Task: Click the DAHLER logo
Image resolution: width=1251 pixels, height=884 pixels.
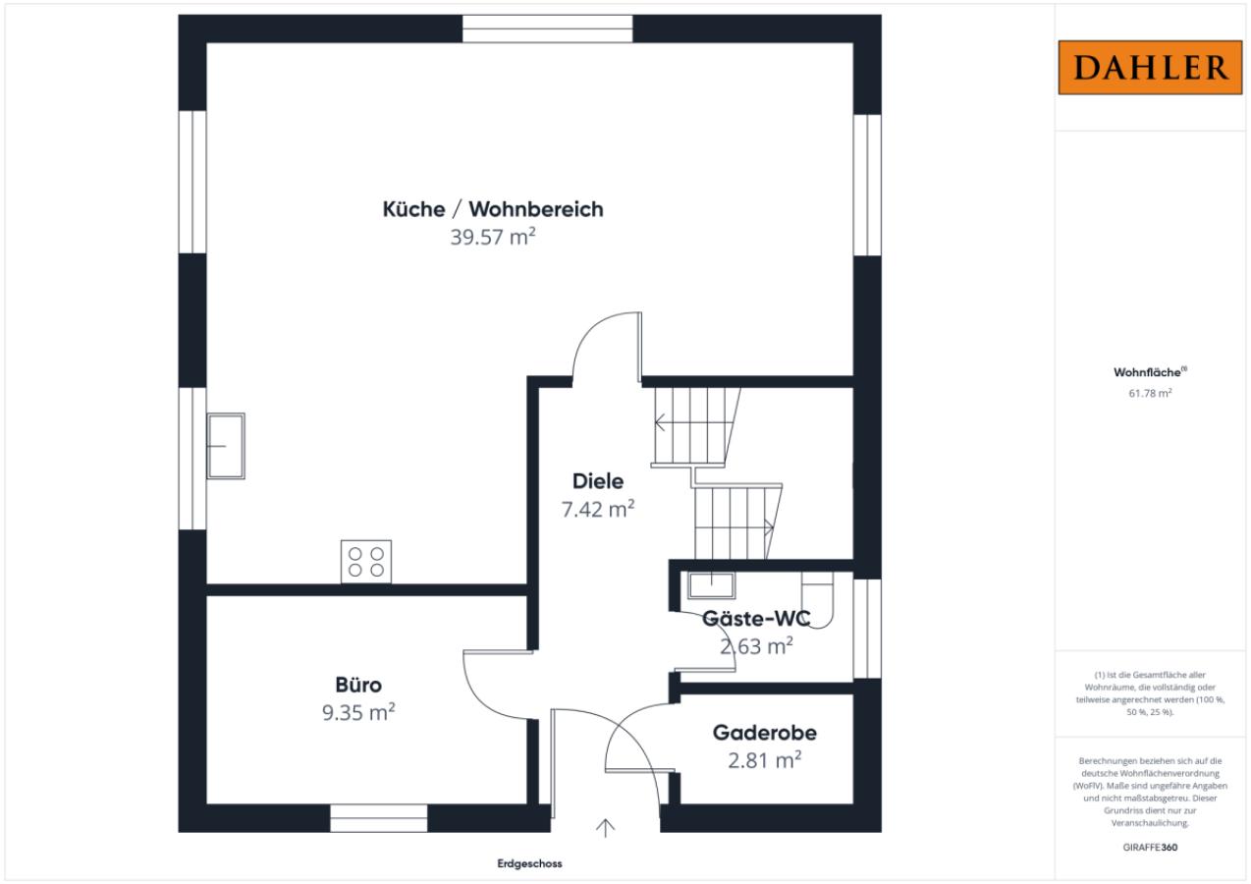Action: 1151,68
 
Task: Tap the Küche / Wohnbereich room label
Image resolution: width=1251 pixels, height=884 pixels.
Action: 493,209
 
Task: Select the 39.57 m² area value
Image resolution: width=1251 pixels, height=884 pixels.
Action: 493,239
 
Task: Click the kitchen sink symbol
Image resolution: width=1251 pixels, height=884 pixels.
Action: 226,445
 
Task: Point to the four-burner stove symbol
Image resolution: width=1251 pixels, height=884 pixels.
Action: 366,562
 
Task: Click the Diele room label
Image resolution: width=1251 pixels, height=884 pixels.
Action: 598,481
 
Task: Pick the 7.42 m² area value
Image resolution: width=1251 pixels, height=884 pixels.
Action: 598,510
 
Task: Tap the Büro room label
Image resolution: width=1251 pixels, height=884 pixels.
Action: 358,685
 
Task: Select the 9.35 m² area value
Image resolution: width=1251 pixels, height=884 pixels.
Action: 358,713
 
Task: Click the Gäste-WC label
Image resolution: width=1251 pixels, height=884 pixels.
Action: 756,619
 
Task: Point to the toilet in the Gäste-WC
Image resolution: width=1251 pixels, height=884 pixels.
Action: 817,599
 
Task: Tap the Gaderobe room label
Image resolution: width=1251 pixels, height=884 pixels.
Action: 765,733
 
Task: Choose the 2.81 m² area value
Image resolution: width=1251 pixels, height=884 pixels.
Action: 765,760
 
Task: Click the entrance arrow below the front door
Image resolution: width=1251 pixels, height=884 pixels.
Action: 606,828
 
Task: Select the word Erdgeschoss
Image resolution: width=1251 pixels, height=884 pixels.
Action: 529,864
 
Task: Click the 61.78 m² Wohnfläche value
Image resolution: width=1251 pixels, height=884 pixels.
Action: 1151,393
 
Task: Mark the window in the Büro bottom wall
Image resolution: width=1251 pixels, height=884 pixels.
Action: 378,818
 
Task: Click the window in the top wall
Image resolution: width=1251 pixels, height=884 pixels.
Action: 548,28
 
